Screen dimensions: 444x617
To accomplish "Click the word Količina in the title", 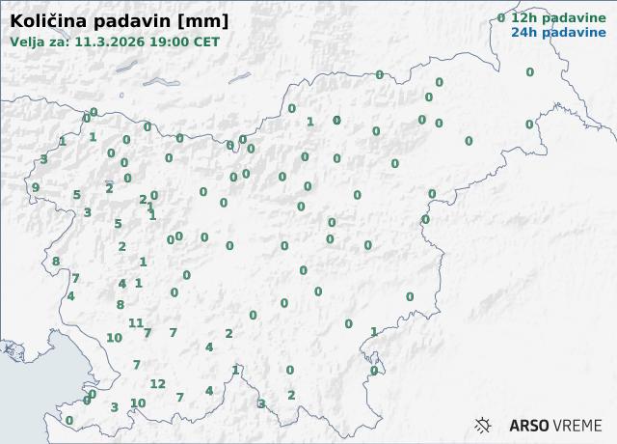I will [x=44, y=21].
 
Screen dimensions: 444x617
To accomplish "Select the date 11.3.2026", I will [x=108, y=42].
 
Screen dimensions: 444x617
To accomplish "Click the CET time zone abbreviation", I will [x=205, y=42].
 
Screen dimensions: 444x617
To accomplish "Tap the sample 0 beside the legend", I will [x=500, y=18].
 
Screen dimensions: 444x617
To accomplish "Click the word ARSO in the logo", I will [x=529, y=425].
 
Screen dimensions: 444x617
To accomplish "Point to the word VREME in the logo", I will [x=578, y=425].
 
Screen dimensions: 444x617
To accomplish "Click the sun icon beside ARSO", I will [x=483, y=425].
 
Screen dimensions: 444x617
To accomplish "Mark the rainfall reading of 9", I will [x=36, y=188].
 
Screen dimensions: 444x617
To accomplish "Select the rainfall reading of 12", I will [x=158, y=384].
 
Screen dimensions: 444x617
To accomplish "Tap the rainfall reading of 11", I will [x=136, y=323].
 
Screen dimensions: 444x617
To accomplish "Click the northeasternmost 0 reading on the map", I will [x=529, y=72].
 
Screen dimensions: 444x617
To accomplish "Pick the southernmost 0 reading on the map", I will [x=68, y=421].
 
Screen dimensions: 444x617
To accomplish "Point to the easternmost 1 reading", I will [x=374, y=332].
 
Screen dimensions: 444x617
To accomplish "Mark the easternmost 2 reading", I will [x=291, y=395].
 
